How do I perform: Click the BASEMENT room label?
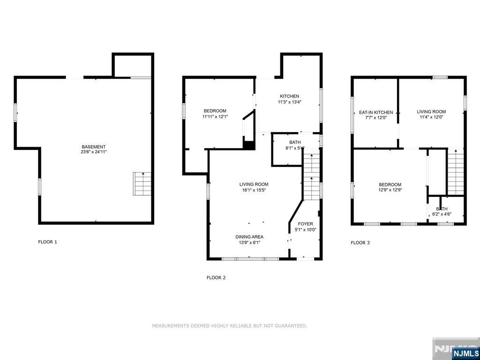pos(94,147)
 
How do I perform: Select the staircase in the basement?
pos(142,184)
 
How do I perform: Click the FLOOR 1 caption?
pos(47,242)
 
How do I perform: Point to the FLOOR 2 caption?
pos(216,277)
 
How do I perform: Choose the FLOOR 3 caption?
pos(360,243)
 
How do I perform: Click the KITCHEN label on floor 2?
pos(290,96)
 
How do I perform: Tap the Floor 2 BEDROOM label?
pos(215,111)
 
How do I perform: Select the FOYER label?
pos(306,224)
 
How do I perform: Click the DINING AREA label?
pos(249,237)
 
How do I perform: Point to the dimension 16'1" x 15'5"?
pos(254,190)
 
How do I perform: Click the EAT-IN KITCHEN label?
pos(376,112)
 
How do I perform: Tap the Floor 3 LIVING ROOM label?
pos(431,112)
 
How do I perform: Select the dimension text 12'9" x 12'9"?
pos(390,190)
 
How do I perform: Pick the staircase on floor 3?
pos(456,172)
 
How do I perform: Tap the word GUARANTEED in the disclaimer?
pos(292,326)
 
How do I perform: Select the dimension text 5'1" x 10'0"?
pos(306,230)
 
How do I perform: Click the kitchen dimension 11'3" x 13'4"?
pos(290,102)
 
